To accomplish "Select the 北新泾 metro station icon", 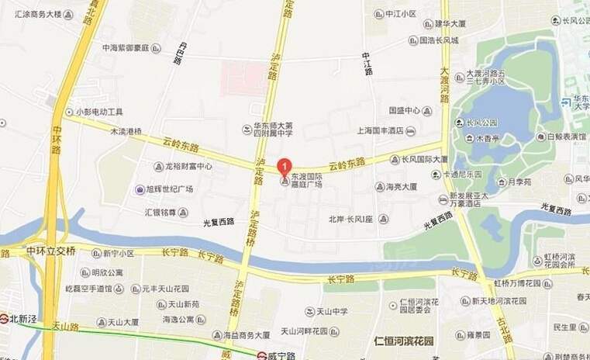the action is click(4, 318).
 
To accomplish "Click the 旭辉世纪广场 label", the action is click(169, 189).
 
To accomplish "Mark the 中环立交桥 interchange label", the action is click(50, 251).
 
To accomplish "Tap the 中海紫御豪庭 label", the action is click(131, 47).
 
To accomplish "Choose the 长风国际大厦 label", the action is click(423, 159).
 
